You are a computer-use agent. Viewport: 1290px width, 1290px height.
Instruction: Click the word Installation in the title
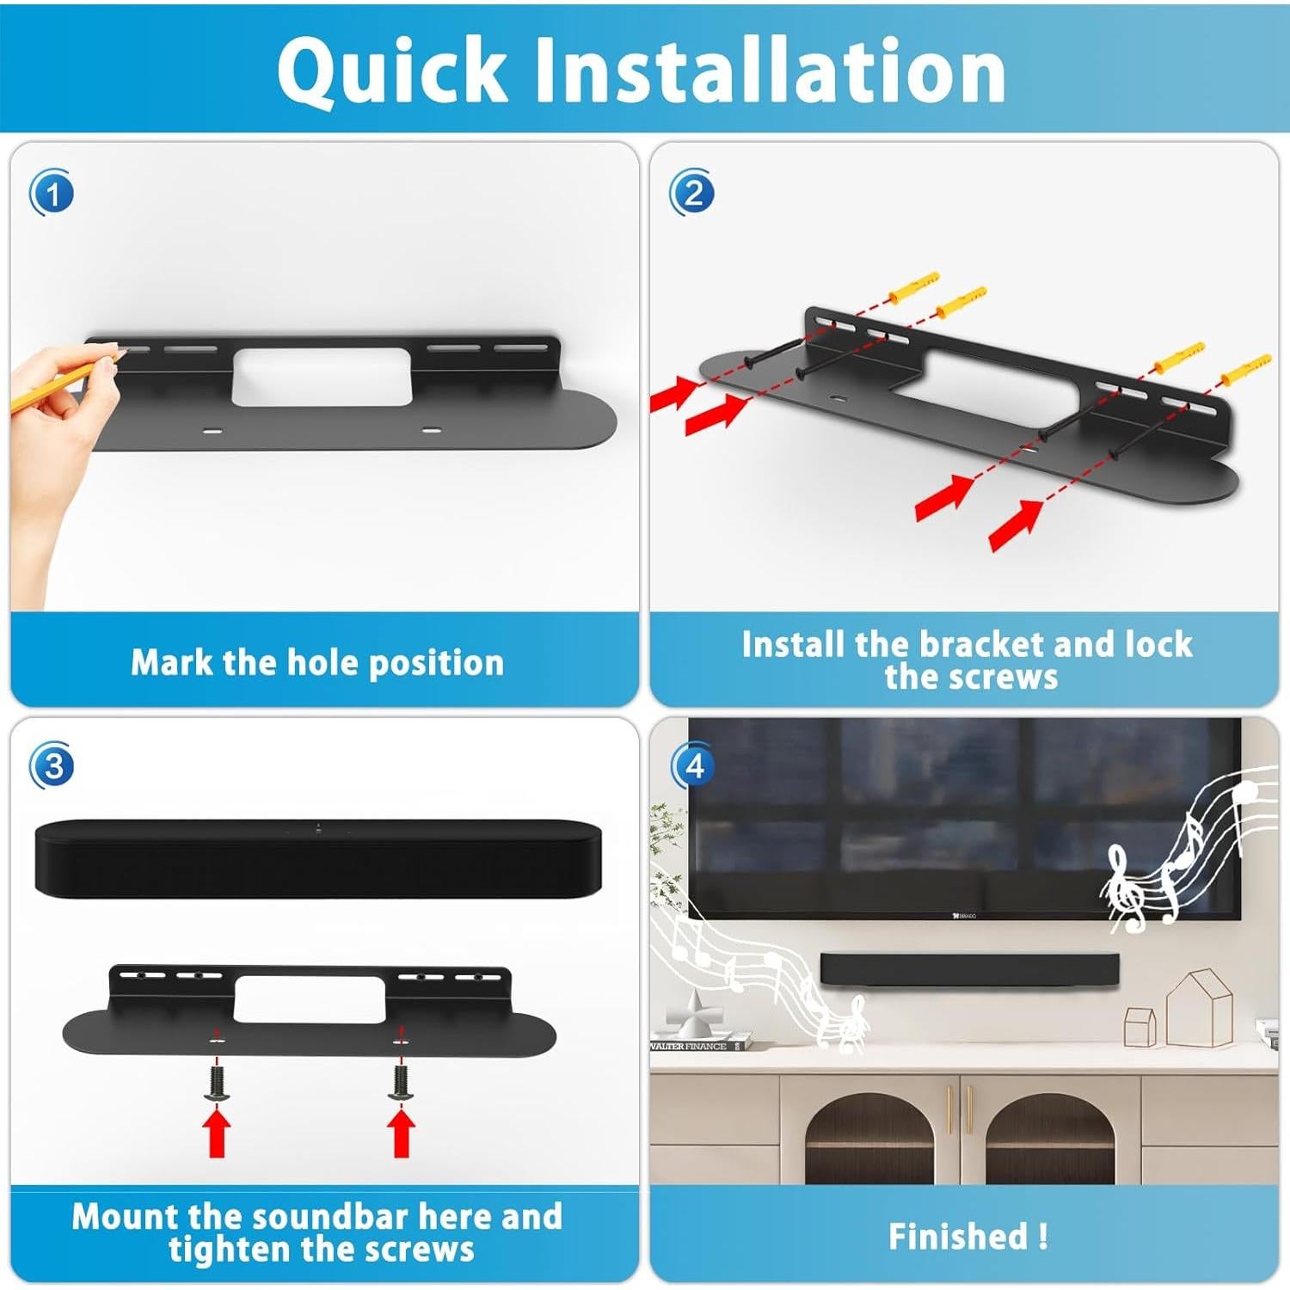click(x=769, y=71)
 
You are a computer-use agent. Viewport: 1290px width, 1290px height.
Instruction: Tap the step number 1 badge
click(x=52, y=193)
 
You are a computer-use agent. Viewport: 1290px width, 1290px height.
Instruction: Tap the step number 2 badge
click(x=691, y=193)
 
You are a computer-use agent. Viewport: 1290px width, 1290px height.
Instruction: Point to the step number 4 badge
click(x=693, y=765)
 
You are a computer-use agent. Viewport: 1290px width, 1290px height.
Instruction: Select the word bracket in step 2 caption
click(x=980, y=644)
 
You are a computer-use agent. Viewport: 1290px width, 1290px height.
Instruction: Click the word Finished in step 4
click(x=957, y=1237)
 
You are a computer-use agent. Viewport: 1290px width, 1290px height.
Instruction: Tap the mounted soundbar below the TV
click(x=970, y=969)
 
